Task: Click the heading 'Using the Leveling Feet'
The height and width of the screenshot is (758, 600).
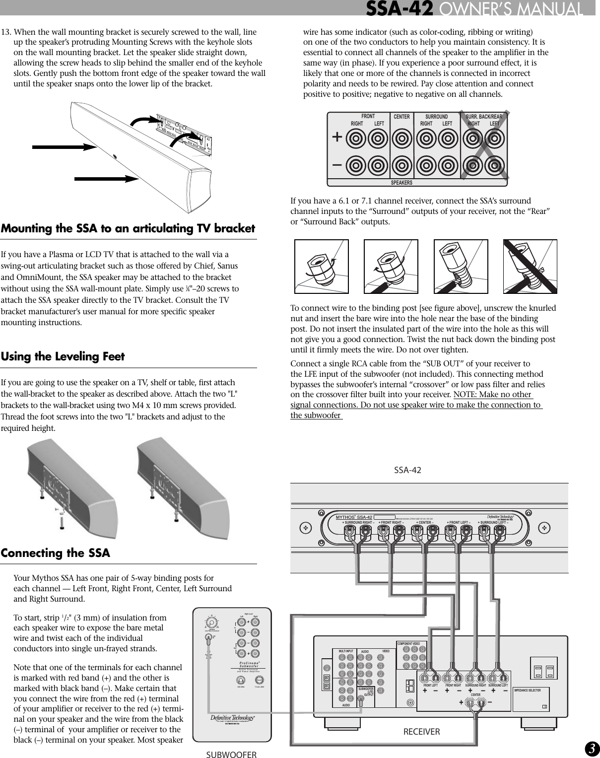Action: [63, 356]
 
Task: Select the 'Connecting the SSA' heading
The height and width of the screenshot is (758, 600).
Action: [55, 553]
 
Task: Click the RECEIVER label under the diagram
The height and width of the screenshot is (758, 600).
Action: [421, 731]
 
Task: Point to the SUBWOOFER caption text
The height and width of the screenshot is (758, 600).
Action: [231, 755]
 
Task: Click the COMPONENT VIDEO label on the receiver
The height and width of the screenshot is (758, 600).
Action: [408, 644]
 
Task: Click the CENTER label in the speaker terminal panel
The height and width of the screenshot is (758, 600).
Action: [401, 117]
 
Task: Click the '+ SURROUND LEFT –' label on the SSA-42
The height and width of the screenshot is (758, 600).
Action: [493, 522]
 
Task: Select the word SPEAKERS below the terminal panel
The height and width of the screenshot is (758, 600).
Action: [401, 183]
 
